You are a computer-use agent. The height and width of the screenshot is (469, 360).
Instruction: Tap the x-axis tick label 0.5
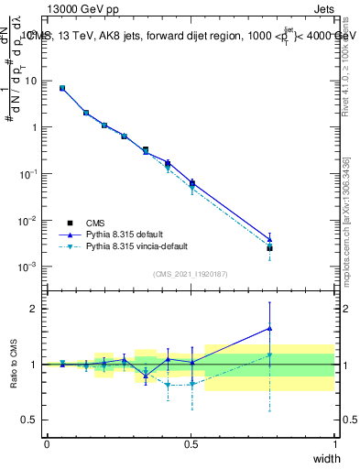tap(191, 443)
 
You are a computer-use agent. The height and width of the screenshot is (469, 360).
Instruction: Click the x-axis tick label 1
tap(334, 443)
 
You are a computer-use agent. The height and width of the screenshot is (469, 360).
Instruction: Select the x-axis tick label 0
tap(47, 443)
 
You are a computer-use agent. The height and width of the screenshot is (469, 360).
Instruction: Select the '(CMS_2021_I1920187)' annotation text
tap(191, 273)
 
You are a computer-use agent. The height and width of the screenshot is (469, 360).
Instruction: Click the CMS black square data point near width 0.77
tap(269, 248)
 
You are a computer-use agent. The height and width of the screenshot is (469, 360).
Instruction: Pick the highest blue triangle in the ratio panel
tap(269, 328)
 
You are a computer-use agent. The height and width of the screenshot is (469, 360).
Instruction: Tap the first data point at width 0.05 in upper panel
tap(62, 88)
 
